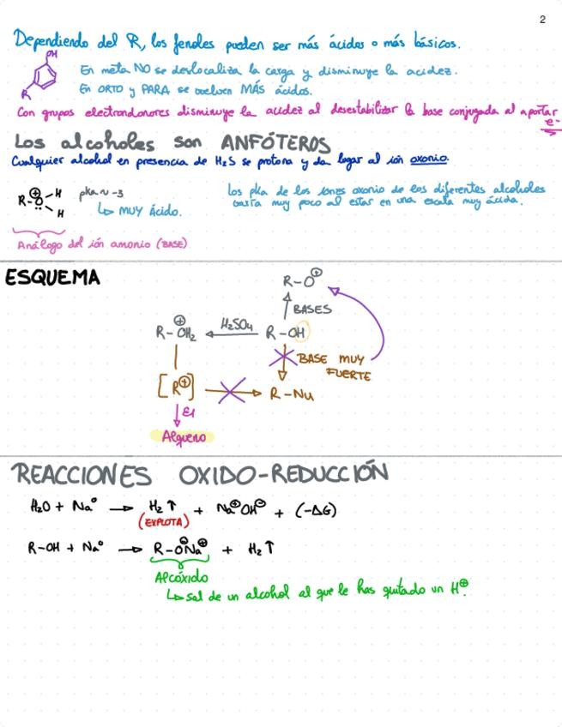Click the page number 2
[542, 20]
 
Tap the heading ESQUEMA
[51, 278]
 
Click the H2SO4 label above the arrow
[235, 323]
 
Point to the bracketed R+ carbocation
[176, 388]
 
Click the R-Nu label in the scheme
[292, 394]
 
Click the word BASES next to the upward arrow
[311, 309]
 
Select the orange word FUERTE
[348, 375]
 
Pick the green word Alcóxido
[180, 577]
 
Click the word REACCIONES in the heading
[82, 474]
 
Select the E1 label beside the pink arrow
[187, 414]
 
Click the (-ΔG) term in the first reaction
[316, 510]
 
